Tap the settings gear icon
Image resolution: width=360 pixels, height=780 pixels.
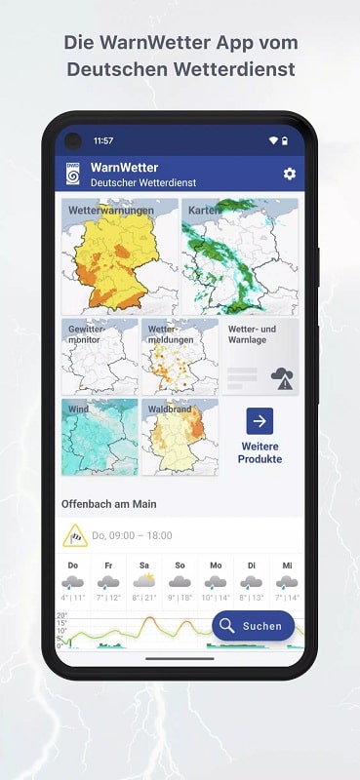click(x=289, y=174)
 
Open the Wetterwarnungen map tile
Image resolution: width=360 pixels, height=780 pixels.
click(x=119, y=255)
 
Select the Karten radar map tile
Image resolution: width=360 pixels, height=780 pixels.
click(x=240, y=255)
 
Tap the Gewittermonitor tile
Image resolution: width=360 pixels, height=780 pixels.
click(x=100, y=356)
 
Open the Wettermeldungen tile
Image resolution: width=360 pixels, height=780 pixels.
click(x=180, y=356)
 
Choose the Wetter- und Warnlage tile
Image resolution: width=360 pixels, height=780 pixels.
click(x=260, y=356)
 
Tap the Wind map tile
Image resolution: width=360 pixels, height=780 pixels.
click(x=100, y=437)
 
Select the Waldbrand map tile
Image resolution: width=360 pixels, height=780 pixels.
click(x=180, y=437)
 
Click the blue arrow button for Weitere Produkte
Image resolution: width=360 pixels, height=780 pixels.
click(x=260, y=421)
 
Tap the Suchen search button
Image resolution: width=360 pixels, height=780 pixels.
click(x=253, y=626)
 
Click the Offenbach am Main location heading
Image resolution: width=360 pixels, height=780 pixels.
click(x=110, y=504)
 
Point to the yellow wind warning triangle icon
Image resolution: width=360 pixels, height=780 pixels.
click(x=75, y=535)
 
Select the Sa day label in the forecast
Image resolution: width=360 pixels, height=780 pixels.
click(x=144, y=565)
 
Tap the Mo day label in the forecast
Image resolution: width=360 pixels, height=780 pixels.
click(x=216, y=565)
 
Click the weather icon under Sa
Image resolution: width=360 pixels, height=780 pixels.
click(x=144, y=582)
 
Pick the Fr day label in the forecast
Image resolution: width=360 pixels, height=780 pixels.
click(x=108, y=565)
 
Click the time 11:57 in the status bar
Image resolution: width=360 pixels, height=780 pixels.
click(x=103, y=140)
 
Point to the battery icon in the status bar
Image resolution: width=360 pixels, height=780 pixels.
click(x=285, y=140)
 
